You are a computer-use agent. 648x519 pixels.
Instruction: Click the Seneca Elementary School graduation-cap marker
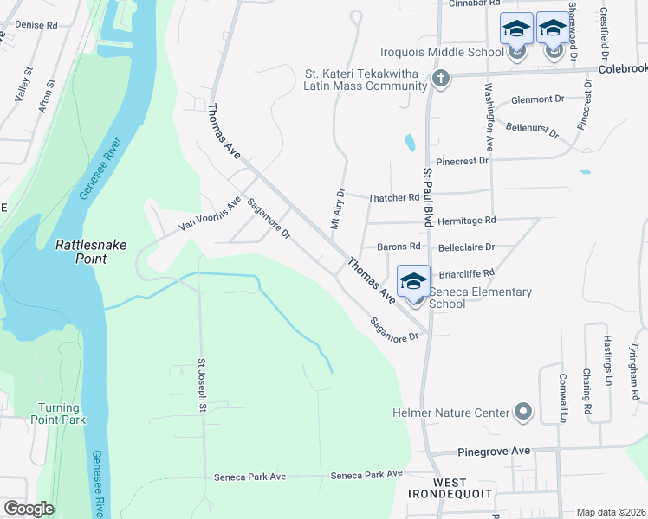pyautogui.click(x=413, y=282)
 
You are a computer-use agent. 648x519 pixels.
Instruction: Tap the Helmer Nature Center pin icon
pyautogui.click(x=522, y=413)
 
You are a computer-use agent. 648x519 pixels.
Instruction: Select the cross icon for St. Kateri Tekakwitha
pyautogui.click(x=441, y=80)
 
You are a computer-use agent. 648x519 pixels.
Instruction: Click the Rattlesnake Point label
pyautogui.click(x=93, y=252)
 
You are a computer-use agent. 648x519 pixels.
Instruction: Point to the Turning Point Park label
pyautogui.click(x=62, y=413)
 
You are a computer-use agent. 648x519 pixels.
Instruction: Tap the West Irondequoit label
pyautogui.click(x=451, y=488)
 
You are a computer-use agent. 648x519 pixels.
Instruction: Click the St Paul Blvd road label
pyautogui.click(x=427, y=198)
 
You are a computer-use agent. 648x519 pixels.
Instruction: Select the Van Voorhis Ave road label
pyautogui.click(x=210, y=215)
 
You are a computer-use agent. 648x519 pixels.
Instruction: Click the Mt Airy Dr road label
pyautogui.click(x=337, y=208)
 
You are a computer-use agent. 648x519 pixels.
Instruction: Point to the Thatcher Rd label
pyautogui.click(x=393, y=198)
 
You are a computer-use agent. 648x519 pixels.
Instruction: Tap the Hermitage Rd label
pyautogui.click(x=466, y=221)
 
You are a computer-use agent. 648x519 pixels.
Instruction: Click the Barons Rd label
pyautogui.click(x=398, y=247)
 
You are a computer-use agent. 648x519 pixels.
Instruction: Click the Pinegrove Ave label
pyautogui.click(x=493, y=452)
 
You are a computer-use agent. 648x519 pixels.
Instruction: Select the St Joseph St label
pyautogui.click(x=202, y=384)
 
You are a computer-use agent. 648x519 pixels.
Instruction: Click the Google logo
pyautogui.click(x=29, y=509)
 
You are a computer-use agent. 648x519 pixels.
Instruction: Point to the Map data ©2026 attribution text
pyautogui.click(x=611, y=512)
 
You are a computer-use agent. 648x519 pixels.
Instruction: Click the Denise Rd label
pyautogui.click(x=36, y=26)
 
